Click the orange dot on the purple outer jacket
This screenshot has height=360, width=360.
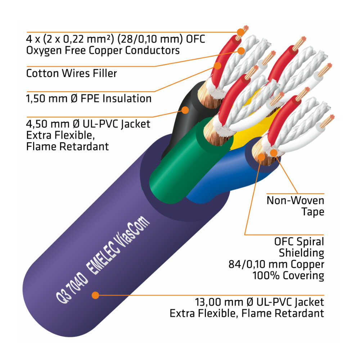click(95, 295)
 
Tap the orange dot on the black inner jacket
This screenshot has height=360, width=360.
click(185, 109)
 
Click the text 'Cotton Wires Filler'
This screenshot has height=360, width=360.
click(72, 73)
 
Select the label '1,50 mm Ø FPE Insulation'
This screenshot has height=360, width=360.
click(89, 98)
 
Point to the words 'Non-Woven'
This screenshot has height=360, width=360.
click(295, 200)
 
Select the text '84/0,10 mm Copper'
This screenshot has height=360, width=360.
click(276, 265)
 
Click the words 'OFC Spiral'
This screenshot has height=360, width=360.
click(299, 242)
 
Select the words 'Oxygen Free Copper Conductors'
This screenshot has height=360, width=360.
click(103, 50)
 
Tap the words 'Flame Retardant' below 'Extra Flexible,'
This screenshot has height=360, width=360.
click(68, 147)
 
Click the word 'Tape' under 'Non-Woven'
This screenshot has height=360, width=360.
click(312, 212)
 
